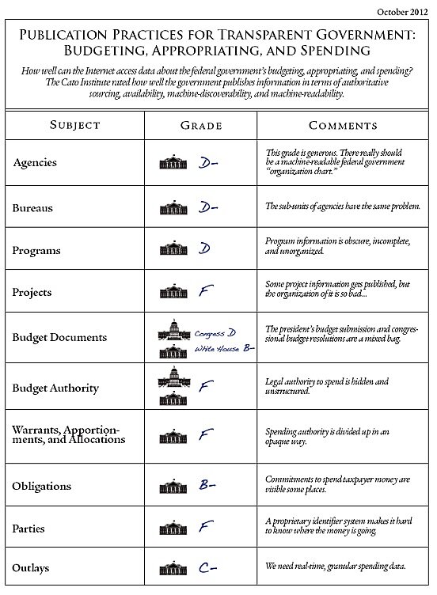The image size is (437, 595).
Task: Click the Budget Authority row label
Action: pyautogui.click(x=55, y=388)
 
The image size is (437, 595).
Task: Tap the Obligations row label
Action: pyautogui.click(x=42, y=485)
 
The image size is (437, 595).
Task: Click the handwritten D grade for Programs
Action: pyautogui.click(x=203, y=249)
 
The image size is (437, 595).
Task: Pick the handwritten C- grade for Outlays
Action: pyautogui.click(x=207, y=567)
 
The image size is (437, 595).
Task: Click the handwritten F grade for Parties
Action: pyautogui.click(x=203, y=525)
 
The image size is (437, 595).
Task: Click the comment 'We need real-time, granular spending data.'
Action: pyautogui.click(x=336, y=567)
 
